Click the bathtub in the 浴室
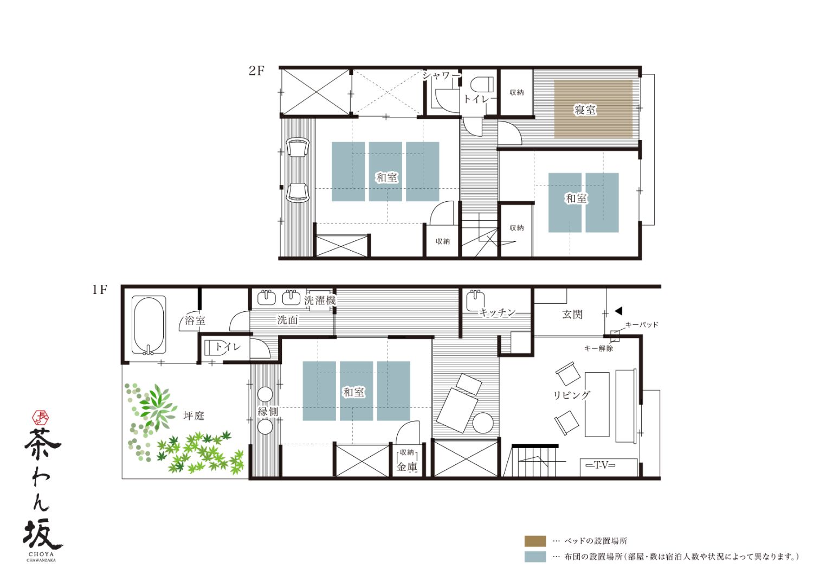point(149,325)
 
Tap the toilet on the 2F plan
point(482,84)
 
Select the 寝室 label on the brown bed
point(585,110)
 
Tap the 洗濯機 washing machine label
point(320,301)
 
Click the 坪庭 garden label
point(194,416)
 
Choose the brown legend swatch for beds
point(535,541)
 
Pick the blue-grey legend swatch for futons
point(535,557)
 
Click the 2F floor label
point(256,71)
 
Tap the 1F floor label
point(99,290)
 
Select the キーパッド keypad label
point(642,325)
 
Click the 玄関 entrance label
point(572,314)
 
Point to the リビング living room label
point(572,395)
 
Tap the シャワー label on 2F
point(441,75)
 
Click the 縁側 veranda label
point(268,411)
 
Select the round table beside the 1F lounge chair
point(483,423)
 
